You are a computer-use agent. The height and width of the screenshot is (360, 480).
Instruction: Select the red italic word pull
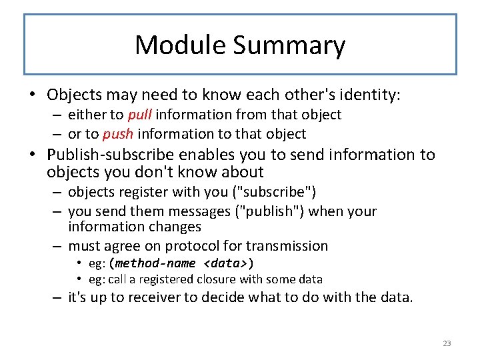point(139,115)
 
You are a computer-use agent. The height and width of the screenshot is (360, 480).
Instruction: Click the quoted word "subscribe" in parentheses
point(278,192)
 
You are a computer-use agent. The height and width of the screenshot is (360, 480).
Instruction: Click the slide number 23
point(447,343)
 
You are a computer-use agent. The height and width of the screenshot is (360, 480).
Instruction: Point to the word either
point(85,115)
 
